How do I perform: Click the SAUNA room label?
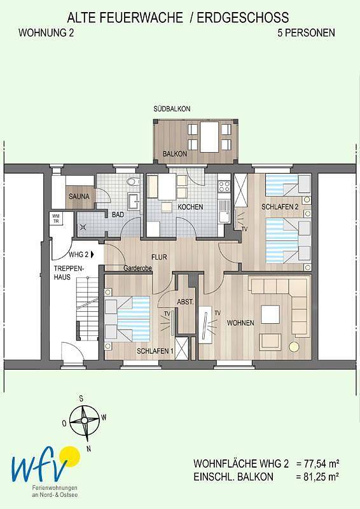79,197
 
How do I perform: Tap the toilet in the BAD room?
132,182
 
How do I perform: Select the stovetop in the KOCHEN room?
224,186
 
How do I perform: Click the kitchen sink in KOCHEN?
224,211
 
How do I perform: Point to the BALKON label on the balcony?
175,154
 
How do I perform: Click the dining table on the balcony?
209,137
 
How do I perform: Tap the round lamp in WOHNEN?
294,346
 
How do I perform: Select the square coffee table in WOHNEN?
270,314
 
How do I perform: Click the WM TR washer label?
56,219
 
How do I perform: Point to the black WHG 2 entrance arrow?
93,254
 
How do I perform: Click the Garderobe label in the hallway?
137,268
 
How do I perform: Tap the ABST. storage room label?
185,302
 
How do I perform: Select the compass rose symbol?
84,421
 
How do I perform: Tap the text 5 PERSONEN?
306,33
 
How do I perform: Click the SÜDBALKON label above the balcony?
172,109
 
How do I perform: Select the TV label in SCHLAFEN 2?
244,229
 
